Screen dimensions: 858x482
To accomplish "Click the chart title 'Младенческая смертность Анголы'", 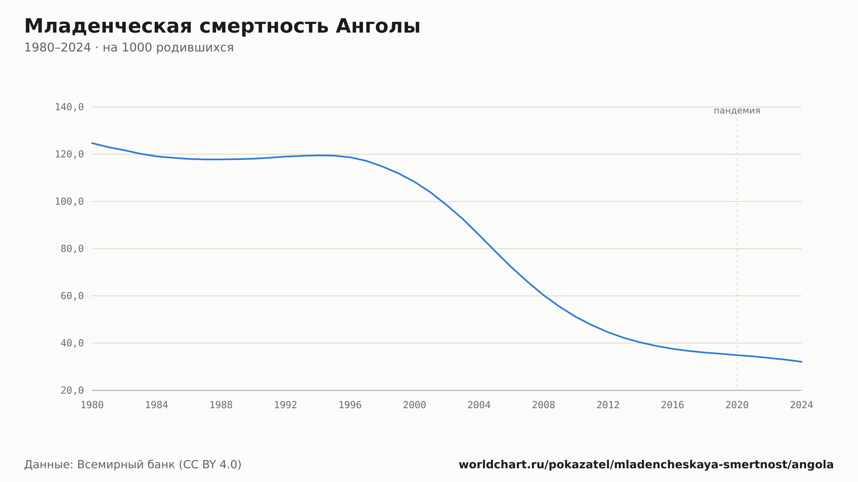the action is click(x=222, y=27).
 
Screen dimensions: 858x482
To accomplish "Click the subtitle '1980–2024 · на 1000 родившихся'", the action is click(x=129, y=48).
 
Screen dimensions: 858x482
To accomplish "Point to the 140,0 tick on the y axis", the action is click(x=69, y=107).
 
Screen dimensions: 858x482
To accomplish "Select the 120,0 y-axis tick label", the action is click(x=69, y=154).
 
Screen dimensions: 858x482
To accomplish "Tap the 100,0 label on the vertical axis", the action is click(x=69, y=202).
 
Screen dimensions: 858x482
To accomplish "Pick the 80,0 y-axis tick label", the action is click(x=72, y=249).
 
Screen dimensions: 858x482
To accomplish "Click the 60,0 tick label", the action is click(x=72, y=296).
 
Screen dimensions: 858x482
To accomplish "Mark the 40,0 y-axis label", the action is click(x=72, y=343).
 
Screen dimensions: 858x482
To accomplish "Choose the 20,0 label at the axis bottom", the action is click(x=72, y=390).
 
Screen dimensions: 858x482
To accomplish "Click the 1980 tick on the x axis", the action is click(x=92, y=405).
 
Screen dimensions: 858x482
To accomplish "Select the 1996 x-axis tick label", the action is click(x=350, y=405).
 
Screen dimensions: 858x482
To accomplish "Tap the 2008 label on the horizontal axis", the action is click(x=544, y=405).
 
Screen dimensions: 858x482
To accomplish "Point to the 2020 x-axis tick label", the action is click(x=737, y=405).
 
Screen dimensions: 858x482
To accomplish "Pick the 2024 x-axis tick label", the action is click(x=801, y=405).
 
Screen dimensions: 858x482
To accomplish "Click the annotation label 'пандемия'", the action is click(x=737, y=111).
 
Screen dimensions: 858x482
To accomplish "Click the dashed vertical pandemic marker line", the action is click(x=737, y=253).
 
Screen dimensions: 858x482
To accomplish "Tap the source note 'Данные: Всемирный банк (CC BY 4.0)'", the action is click(x=133, y=465).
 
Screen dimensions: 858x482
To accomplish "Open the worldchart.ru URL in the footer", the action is click(x=646, y=465).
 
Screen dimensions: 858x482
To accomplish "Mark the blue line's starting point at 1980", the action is click(x=92, y=143).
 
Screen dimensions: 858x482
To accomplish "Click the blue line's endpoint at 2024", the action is click(x=801, y=362).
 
